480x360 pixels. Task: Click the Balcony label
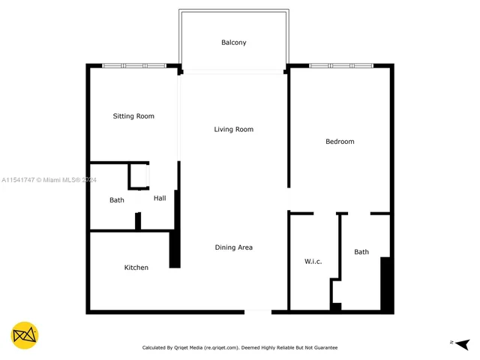pos(233,43)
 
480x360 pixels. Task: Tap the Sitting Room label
pos(133,116)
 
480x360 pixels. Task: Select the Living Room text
pos(233,130)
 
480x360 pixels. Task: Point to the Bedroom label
pos(340,142)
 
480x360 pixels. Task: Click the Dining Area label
pos(233,247)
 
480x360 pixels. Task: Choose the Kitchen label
pos(136,268)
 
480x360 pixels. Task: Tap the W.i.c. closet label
pos(313,261)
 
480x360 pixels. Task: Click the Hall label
pos(160,199)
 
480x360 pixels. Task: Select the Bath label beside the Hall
pos(117,200)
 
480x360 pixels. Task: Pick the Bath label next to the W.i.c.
pos(361,252)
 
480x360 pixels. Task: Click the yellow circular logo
pos(25,335)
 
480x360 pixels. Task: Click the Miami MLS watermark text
pos(49,180)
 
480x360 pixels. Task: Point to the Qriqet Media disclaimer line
pos(240,348)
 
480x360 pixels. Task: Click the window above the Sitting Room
pos(134,66)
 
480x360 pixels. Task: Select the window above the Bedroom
pos(341,66)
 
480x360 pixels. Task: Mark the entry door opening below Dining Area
pos(258,310)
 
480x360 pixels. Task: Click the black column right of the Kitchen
pos(175,248)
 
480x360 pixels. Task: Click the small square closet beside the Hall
pos(138,175)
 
